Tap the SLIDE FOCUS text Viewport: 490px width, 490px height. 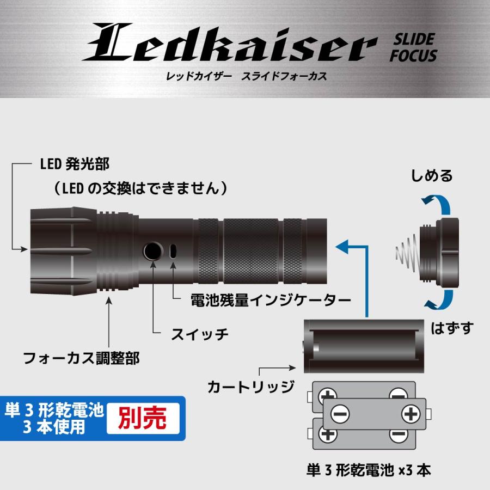tap(413, 47)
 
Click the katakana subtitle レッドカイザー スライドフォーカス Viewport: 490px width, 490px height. tap(246, 76)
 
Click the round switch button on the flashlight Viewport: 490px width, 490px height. tap(153, 252)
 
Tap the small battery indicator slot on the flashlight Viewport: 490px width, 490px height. tap(173, 252)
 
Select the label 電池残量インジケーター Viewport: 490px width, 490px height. tap(269, 299)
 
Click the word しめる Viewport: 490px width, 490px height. tap(432, 175)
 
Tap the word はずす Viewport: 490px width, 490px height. tap(452, 328)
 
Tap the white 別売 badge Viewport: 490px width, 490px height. tap(142, 418)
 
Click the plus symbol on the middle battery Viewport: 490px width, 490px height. tap(409, 414)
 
